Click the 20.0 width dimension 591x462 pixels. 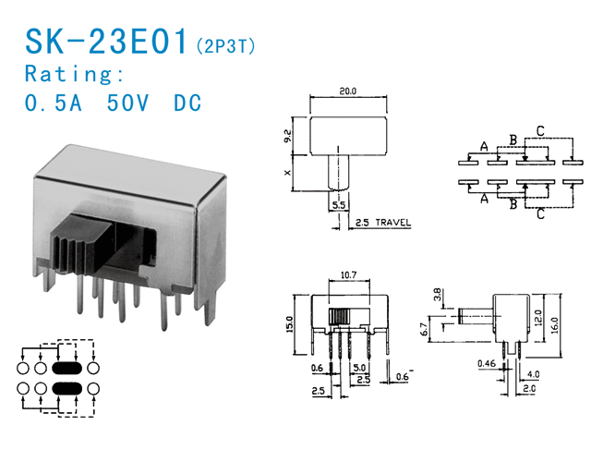[x=346, y=91]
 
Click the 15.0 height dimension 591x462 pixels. [x=289, y=325]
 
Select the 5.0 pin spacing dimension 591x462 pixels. [x=358, y=367]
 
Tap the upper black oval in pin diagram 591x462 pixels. [x=67, y=369]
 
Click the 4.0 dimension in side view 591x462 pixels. [x=534, y=373]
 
